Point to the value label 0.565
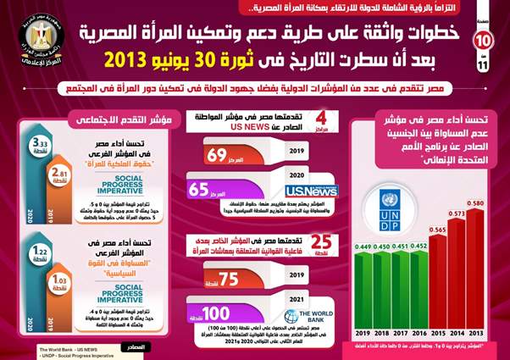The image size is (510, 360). pos(437,230)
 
